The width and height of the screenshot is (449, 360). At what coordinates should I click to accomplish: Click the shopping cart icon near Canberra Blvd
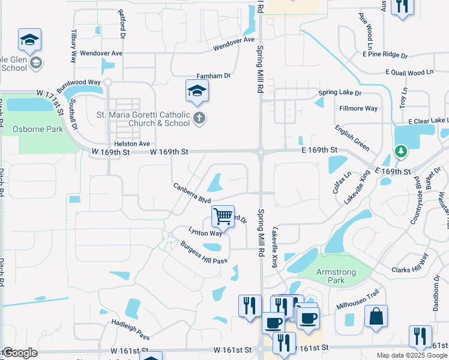pos(223,215)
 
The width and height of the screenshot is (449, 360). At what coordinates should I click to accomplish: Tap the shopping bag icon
pos(376,317)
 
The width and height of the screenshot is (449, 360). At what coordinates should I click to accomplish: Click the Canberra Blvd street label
pos(191,193)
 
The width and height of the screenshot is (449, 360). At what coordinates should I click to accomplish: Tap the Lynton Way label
pos(205,232)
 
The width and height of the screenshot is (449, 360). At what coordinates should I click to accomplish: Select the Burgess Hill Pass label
pos(204,252)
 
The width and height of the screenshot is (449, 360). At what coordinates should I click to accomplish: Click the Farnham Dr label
pos(214,76)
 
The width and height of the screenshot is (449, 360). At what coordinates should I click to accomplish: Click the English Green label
pos(352,137)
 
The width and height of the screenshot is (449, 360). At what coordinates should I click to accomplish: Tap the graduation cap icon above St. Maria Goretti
pos(196,92)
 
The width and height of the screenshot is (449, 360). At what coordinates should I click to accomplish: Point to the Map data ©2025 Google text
pos(412,355)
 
